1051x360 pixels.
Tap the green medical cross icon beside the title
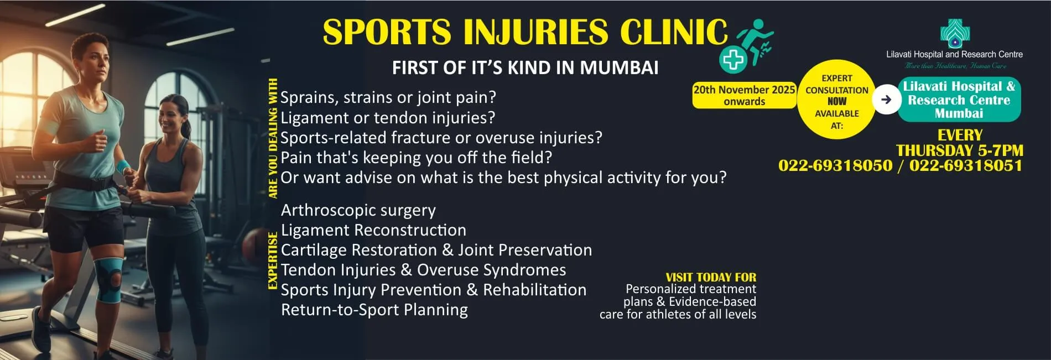click(733, 59)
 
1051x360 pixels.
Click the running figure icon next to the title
click(756, 40)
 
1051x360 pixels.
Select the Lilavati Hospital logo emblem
click(955, 34)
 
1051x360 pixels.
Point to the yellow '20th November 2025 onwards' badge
click(744, 95)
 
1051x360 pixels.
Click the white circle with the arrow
click(887, 100)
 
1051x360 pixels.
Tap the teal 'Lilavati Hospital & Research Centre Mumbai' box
click(959, 100)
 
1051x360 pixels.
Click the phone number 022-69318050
click(835, 165)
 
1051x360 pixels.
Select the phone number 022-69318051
click(966, 165)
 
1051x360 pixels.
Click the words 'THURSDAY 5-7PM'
click(960, 150)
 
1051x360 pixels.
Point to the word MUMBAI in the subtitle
click(619, 68)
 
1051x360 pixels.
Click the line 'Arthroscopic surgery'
click(358, 211)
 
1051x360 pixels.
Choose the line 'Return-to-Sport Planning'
click(374, 310)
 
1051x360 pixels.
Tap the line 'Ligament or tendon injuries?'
click(388, 118)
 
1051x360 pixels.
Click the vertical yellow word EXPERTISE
click(273, 261)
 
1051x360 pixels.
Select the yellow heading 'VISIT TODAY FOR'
click(711, 278)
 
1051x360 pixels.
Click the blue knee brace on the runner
click(109, 280)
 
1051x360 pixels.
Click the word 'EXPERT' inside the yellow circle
click(837, 79)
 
